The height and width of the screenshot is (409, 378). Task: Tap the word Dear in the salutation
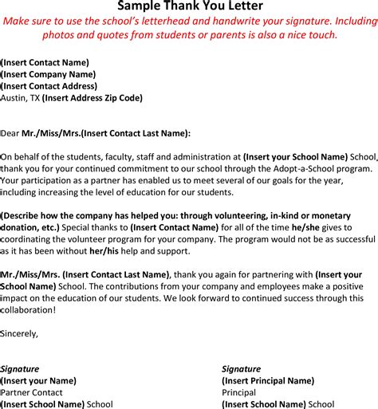(12, 134)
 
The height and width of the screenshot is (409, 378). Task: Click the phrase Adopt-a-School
(275, 169)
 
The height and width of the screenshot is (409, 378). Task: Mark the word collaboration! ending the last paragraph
(29, 309)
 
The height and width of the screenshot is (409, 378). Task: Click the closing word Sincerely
(19, 332)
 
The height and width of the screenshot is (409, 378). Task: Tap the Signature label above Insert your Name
(20, 368)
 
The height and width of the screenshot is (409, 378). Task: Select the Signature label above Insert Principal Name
(241, 368)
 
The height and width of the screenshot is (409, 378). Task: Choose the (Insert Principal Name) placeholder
(267, 380)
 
